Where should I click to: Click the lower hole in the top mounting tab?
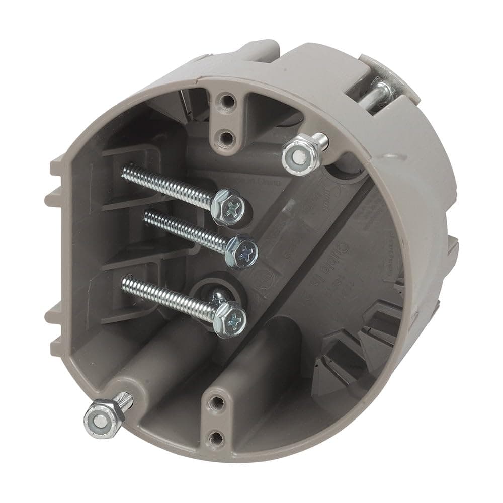point(226,135)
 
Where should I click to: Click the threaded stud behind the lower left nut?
point(126,400)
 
